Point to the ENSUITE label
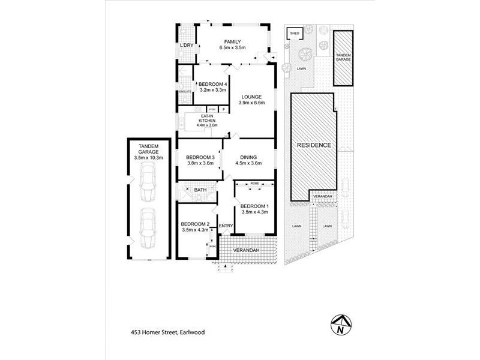click(185, 91)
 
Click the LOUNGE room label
click(251, 97)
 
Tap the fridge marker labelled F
click(224, 109)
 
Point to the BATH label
click(200, 190)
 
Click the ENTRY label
click(226, 226)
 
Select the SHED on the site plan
click(295, 33)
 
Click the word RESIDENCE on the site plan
click(313, 145)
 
